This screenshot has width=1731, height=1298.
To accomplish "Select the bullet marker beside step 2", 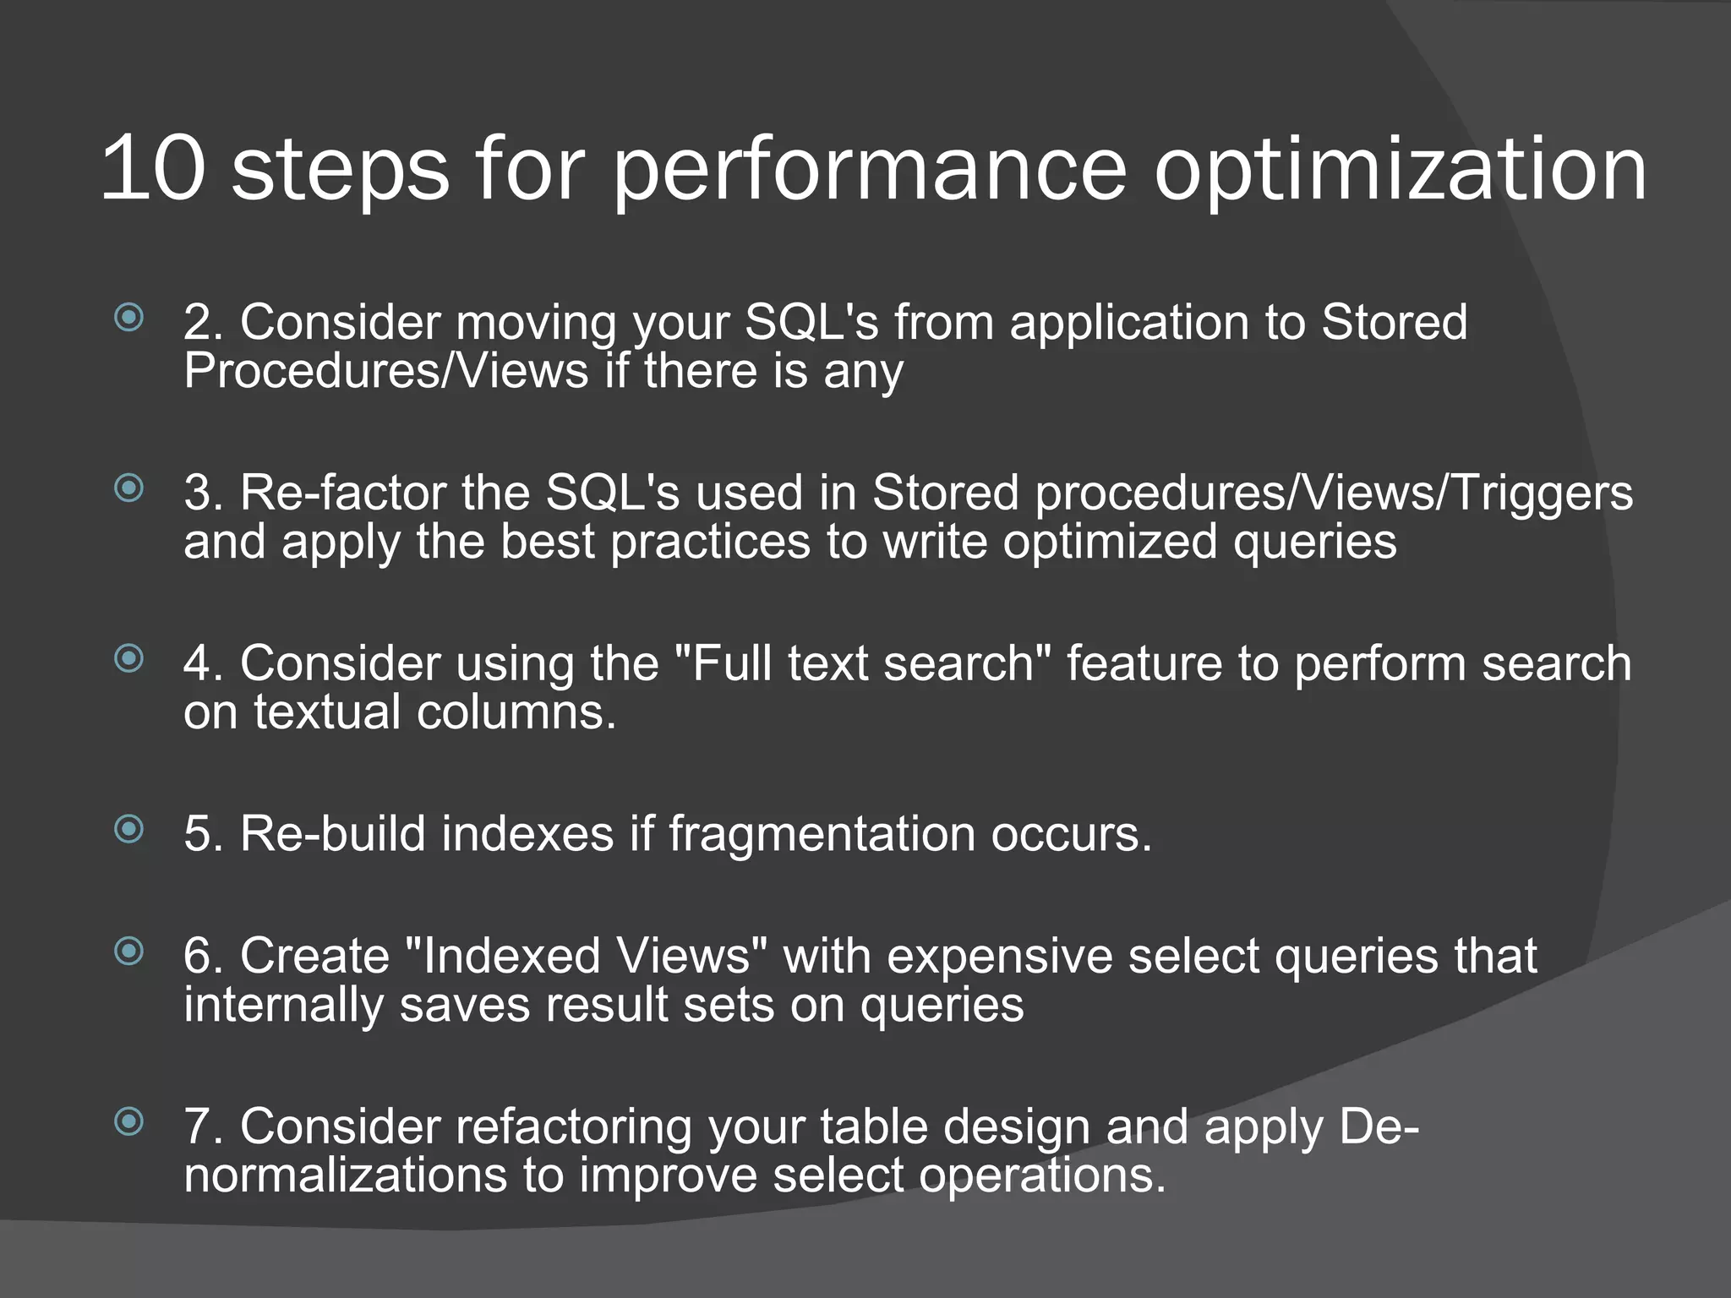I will [x=128, y=318].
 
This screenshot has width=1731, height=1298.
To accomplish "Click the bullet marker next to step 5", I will [x=128, y=828].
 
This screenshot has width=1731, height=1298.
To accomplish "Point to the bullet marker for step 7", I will [x=128, y=1121].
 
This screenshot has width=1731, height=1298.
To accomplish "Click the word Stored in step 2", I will [x=1394, y=323].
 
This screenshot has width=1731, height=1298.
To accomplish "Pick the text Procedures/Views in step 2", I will [x=385, y=372].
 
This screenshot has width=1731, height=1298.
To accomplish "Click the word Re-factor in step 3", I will [x=342, y=494].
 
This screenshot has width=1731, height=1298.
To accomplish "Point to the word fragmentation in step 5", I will [x=822, y=835].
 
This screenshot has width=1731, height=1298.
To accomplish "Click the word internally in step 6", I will [x=283, y=1006].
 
